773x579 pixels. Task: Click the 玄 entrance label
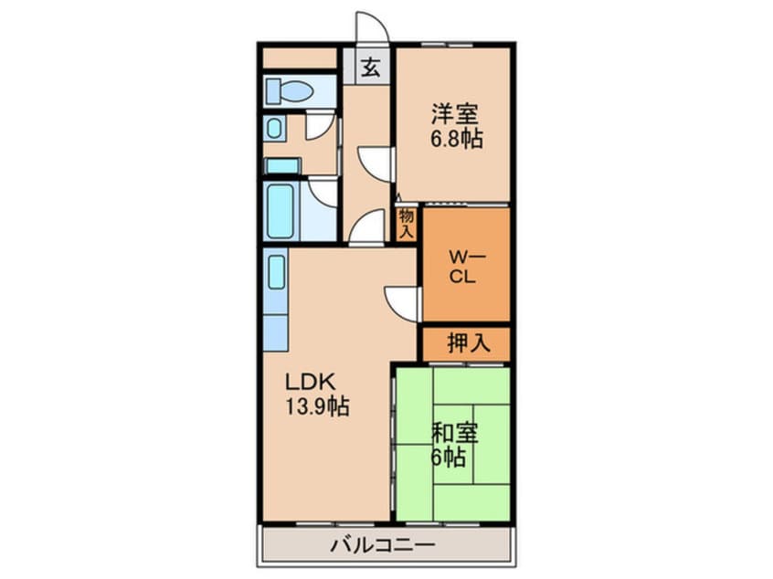tap(371, 67)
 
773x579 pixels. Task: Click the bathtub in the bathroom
tap(281, 211)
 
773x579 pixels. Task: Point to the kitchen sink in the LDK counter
tap(276, 271)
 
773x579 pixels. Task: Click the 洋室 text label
tap(455, 116)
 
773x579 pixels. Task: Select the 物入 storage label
tap(407, 223)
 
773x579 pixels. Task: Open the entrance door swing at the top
tap(371, 28)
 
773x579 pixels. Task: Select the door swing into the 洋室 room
tap(376, 163)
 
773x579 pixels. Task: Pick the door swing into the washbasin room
tap(320, 125)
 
